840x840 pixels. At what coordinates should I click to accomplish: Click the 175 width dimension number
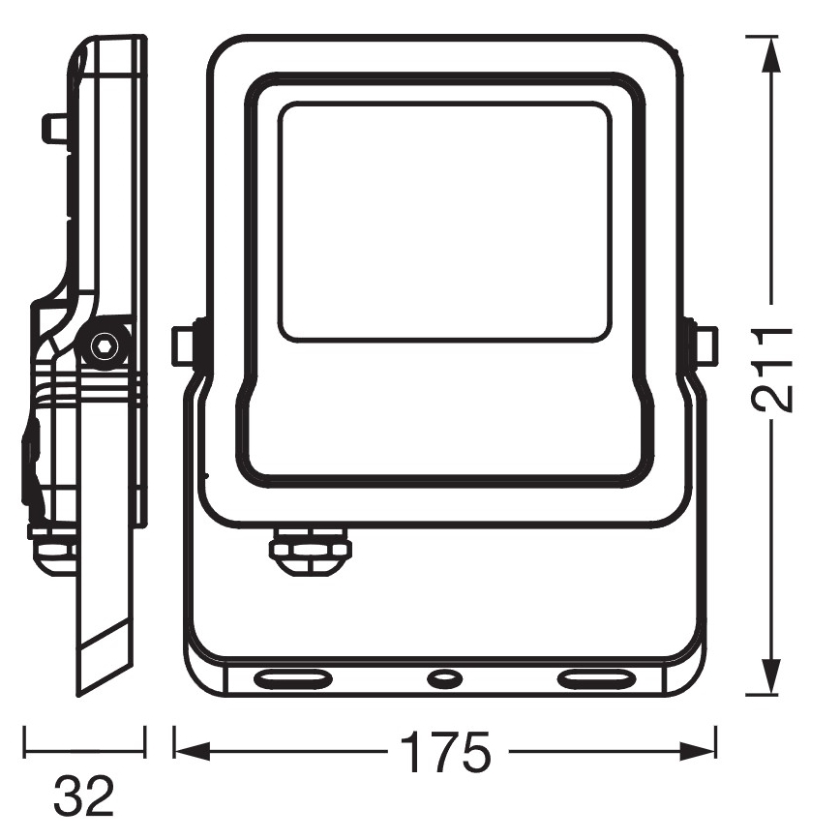click(446, 752)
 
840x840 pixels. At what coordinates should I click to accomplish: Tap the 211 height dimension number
click(771, 371)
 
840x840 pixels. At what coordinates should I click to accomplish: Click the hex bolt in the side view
click(104, 346)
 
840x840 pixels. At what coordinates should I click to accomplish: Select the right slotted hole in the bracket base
click(595, 679)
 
